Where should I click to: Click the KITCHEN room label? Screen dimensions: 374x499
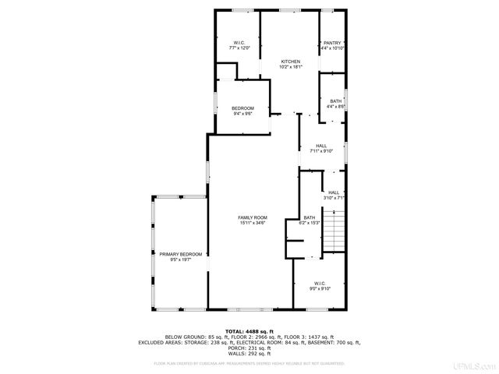291,62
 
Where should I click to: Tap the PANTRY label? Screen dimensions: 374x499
332,43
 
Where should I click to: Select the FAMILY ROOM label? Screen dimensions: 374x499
253,217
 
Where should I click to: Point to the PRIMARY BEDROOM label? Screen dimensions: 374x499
181,254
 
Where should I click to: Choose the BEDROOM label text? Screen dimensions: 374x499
242,108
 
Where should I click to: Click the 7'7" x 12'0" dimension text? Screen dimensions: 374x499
239,48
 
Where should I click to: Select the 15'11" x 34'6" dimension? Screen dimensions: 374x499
253,223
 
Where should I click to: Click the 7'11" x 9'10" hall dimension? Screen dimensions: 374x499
320,151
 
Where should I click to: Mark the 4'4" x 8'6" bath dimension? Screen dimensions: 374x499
335,107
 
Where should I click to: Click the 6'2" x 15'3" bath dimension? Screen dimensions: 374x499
310,223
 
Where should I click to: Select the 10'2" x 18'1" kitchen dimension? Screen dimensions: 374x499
291,68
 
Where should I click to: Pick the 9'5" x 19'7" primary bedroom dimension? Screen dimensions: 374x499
181,260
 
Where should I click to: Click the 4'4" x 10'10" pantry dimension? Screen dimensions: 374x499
332,48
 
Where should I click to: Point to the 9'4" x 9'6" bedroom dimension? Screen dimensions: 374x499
242,114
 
